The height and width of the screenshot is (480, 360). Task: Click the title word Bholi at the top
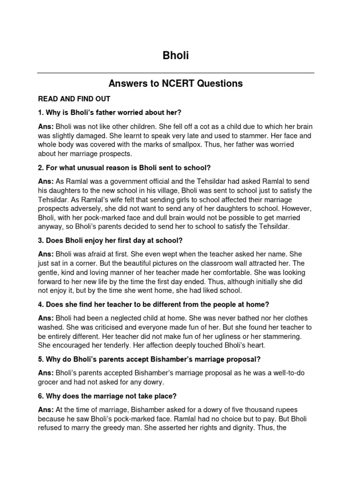point(175,56)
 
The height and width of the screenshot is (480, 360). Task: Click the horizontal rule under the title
point(175,73)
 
